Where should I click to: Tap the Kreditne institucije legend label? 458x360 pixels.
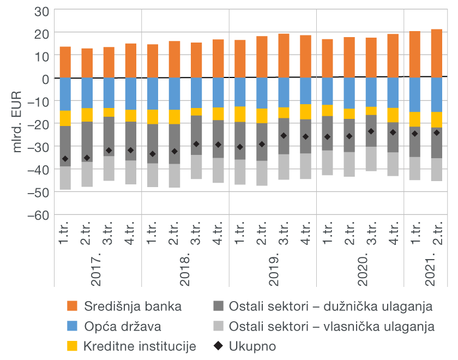140,346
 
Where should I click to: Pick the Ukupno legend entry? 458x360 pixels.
252,346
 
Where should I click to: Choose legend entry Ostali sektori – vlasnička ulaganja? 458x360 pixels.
332,327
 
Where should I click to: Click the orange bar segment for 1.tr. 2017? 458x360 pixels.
65,62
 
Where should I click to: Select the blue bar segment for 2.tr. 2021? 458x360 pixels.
436,95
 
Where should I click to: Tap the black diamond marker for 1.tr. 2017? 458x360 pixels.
65,159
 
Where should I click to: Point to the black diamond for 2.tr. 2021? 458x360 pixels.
436,133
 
